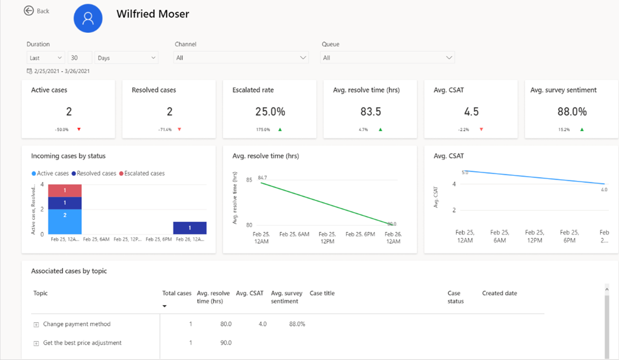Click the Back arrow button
[x=29, y=11]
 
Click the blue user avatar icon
[x=88, y=18]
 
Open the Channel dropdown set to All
[x=241, y=58]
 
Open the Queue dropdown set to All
[x=388, y=58]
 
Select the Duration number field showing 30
[x=80, y=58]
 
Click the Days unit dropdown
[x=126, y=58]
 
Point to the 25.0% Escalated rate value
[x=270, y=112]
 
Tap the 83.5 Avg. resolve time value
[x=371, y=112]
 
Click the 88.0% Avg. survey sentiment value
[x=572, y=112]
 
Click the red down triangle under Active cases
[x=79, y=130]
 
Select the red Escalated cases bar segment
[x=65, y=190]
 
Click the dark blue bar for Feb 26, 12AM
[x=190, y=228]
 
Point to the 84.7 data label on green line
[x=262, y=178]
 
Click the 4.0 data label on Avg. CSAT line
[x=604, y=190]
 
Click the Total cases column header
[x=176, y=293]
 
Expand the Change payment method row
[x=37, y=324]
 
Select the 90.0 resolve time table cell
[x=226, y=343]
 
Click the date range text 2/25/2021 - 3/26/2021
[x=62, y=71]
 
